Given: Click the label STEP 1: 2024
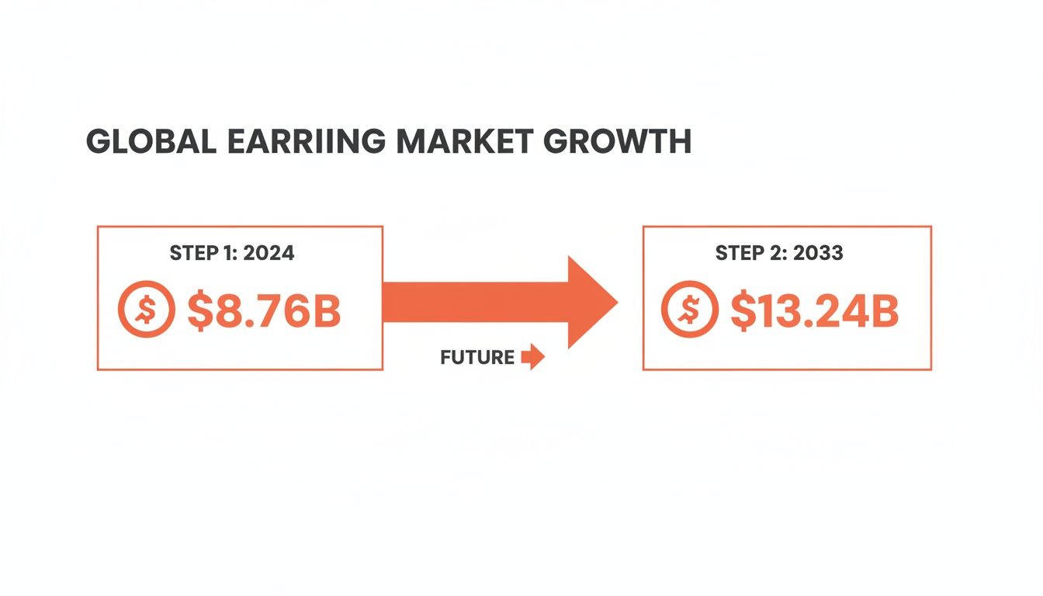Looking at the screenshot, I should pyautogui.click(x=232, y=253).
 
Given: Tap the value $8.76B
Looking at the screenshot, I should pyautogui.click(x=264, y=309).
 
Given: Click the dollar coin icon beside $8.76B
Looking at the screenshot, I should pyautogui.click(x=147, y=309).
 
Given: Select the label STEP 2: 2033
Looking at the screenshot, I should pyautogui.click(x=778, y=253).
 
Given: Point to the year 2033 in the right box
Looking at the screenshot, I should pyautogui.click(x=816, y=253).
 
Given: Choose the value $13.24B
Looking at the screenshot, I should pyautogui.click(x=814, y=310).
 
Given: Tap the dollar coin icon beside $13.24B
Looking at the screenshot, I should pyautogui.click(x=689, y=310).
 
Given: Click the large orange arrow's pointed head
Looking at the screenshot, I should pyautogui.click(x=594, y=302).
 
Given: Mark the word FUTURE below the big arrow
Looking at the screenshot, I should pyautogui.click(x=476, y=358).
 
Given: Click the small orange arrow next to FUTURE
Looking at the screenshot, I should pyautogui.click(x=533, y=358).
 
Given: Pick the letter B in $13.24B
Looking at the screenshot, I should pyautogui.click(x=883, y=310).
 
